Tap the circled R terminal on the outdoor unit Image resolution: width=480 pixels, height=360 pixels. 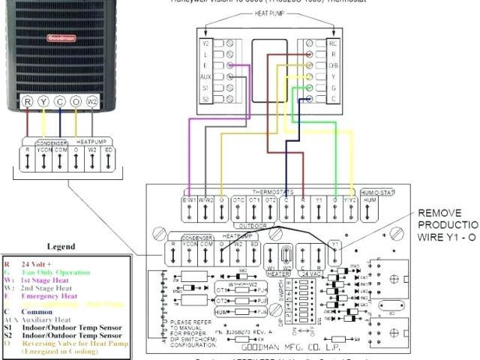coord(27,100)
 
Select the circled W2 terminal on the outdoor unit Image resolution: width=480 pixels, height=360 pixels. coord(92,100)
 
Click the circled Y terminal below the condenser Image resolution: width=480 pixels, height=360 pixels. coord(43,100)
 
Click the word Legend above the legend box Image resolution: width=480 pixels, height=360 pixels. coord(61,246)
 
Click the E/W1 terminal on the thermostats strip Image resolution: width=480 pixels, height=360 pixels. coord(189,200)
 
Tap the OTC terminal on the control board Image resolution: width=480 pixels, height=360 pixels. coord(238,200)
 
